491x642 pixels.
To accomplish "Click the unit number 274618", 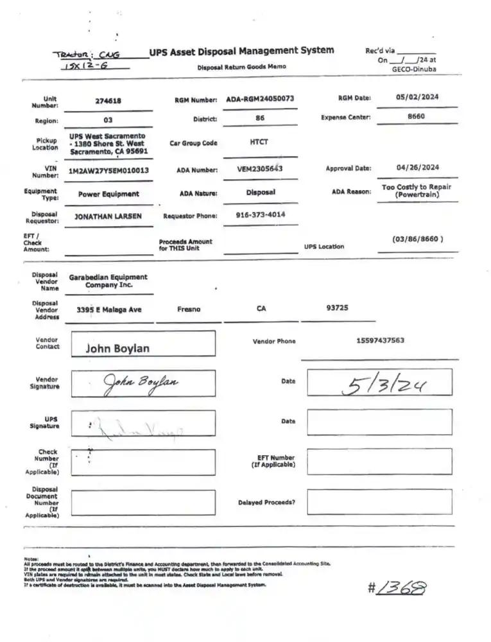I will click(108, 101).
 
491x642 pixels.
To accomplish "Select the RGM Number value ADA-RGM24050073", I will click(260, 99).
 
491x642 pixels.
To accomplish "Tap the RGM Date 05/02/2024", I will click(417, 98).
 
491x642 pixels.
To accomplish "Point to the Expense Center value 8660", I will click(416, 117).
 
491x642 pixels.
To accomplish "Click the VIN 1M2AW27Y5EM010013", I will click(108, 170).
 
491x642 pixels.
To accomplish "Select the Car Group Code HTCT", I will click(259, 143).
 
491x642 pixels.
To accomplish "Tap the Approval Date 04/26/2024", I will click(417, 168).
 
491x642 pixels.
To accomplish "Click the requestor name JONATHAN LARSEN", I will click(108, 216).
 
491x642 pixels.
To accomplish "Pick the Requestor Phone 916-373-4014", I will click(261, 215).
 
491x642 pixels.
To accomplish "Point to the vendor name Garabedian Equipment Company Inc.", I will click(108, 281).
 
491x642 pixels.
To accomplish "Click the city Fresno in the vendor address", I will click(189, 309).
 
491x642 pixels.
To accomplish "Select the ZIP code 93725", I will click(337, 308).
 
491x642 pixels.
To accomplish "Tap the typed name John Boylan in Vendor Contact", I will click(117, 349).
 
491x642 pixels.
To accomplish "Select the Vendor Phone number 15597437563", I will click(380, 340).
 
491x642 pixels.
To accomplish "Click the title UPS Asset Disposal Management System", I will click(241, 51).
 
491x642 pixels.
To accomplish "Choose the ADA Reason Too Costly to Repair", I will click(416, 191).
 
